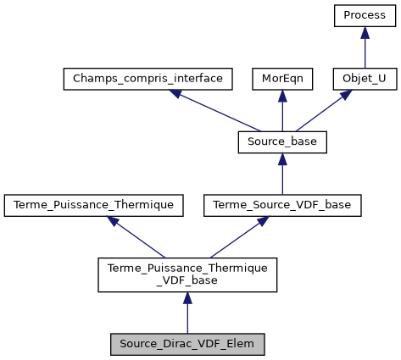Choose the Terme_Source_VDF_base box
click(x=282, y=205)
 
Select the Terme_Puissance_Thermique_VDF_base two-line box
click(x=187, y=274)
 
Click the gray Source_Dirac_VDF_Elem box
click(x=187, y=344)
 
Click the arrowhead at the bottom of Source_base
click(x=282, y=159)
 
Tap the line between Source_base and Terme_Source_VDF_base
click(x=282, y=180)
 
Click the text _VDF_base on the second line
click(x=187, y=281)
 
